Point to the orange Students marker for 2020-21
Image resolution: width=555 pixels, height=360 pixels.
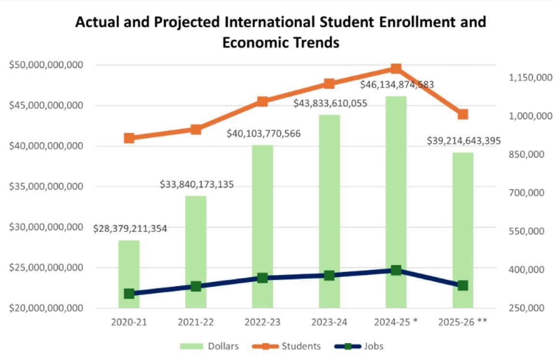[x=129, y=138]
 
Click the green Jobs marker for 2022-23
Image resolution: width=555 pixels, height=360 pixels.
[x=263, y=278]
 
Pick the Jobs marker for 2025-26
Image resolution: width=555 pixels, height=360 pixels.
[x=462, y=286]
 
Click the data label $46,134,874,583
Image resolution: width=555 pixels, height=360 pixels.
[x=397, y=84]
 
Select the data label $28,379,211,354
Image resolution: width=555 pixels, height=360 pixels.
[x=130, y=229]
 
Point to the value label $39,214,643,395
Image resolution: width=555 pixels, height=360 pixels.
[x=464, y=141]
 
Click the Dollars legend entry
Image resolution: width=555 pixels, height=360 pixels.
[x=210, y=346]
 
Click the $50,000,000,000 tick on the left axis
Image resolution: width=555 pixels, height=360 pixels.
[x=46, y=65]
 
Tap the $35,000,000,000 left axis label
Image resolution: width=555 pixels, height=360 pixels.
[x=46, y=187]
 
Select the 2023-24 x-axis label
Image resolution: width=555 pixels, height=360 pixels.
[x=329, y=322]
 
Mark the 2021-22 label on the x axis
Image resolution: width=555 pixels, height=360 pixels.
[x=196, y=322]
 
